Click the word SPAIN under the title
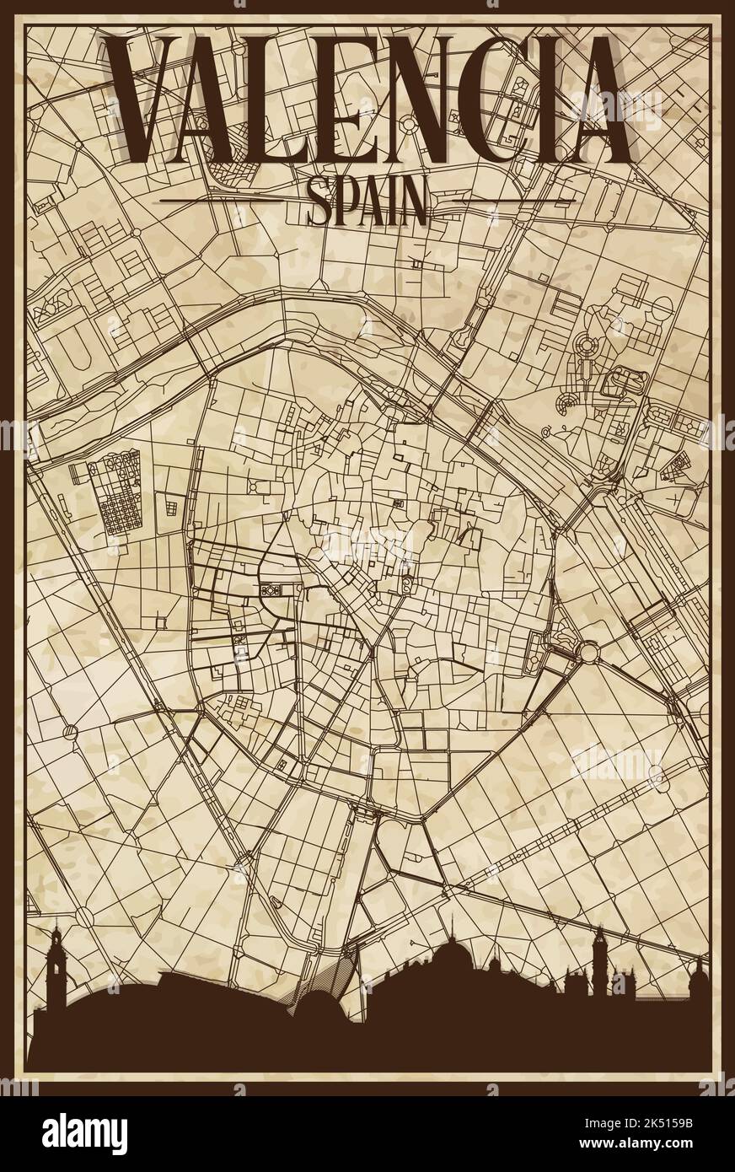367,202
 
